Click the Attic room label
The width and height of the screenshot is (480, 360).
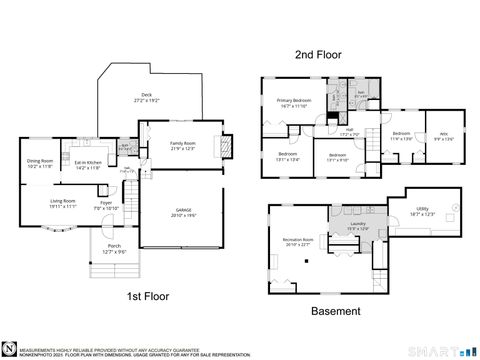coord(444,138)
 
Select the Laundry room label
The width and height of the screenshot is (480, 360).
coord(358,226)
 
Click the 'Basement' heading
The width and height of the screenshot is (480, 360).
coord(336,311)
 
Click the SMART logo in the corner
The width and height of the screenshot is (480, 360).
coord(441,351)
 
